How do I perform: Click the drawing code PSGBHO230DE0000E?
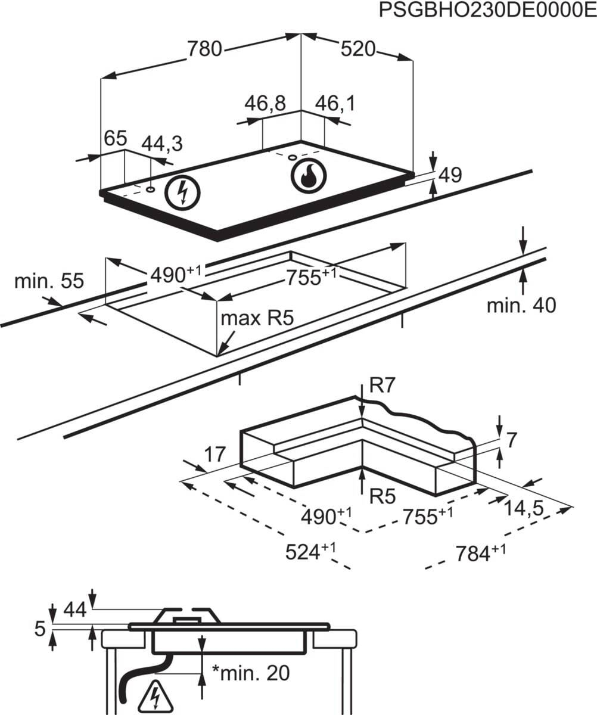(x=487, y=10)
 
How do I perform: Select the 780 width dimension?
(x=204, y=49)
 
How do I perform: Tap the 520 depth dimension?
(x=358, y=49)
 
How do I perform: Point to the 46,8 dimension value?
(x=265, y=103)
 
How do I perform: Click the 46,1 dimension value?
(x=335, y=103)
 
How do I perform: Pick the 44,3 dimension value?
(x=162, y=144)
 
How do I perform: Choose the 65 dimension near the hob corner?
(x=116, y=138)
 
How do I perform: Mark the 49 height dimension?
(x=450, y=175)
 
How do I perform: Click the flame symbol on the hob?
(x=308, y=176)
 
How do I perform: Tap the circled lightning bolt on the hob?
(x=182, y=192)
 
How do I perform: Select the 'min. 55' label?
(x=49, y=281)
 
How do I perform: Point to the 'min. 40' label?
(x=521, y=306)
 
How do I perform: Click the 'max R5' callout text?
(x=257, y=318)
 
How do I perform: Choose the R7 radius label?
(x=383, y=386)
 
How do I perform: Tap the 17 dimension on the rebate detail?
(x=214, y=454)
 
